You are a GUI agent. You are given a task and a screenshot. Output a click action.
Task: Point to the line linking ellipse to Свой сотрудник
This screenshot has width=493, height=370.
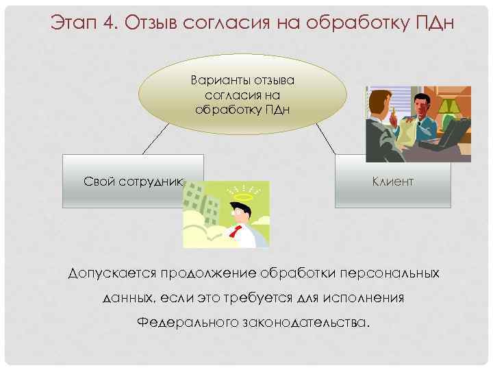pos(155,140)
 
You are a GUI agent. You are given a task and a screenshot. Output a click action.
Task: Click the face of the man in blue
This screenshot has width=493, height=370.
pos(422,108)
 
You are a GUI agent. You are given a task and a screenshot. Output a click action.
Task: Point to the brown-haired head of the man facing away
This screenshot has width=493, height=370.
pos(379,103)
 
